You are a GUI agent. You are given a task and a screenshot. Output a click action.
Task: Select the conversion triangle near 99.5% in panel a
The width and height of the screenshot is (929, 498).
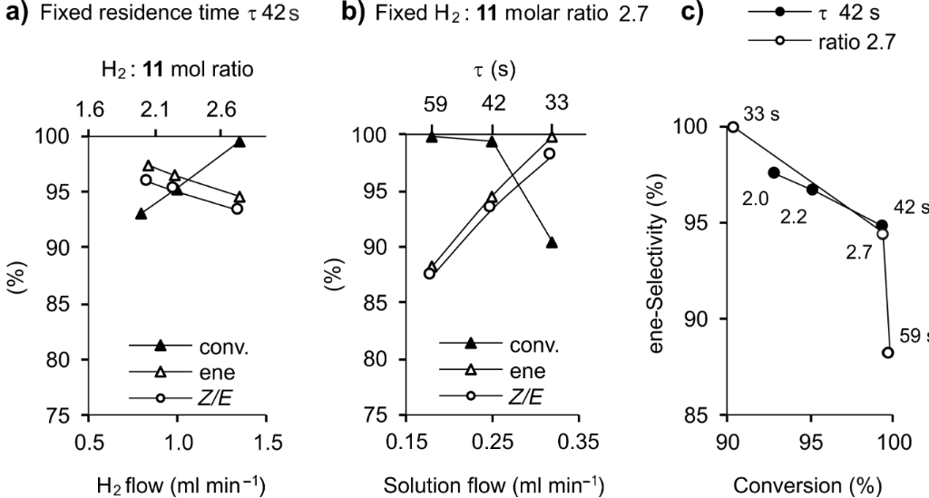[240, 142]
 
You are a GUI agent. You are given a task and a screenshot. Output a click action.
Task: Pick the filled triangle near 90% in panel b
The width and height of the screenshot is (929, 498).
[552, 242]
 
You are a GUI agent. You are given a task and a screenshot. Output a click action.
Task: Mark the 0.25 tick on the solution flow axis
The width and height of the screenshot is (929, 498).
[492, 442]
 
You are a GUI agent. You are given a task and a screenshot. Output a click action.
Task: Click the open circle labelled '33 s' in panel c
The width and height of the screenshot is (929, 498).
[733, 126]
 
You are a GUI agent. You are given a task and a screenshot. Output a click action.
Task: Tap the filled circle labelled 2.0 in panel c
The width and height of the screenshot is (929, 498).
[774, 172]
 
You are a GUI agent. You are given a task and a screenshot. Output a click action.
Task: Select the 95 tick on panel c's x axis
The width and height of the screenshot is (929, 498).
[811, 442]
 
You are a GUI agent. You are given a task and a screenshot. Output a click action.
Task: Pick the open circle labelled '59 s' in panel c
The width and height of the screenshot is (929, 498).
[887, 353]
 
